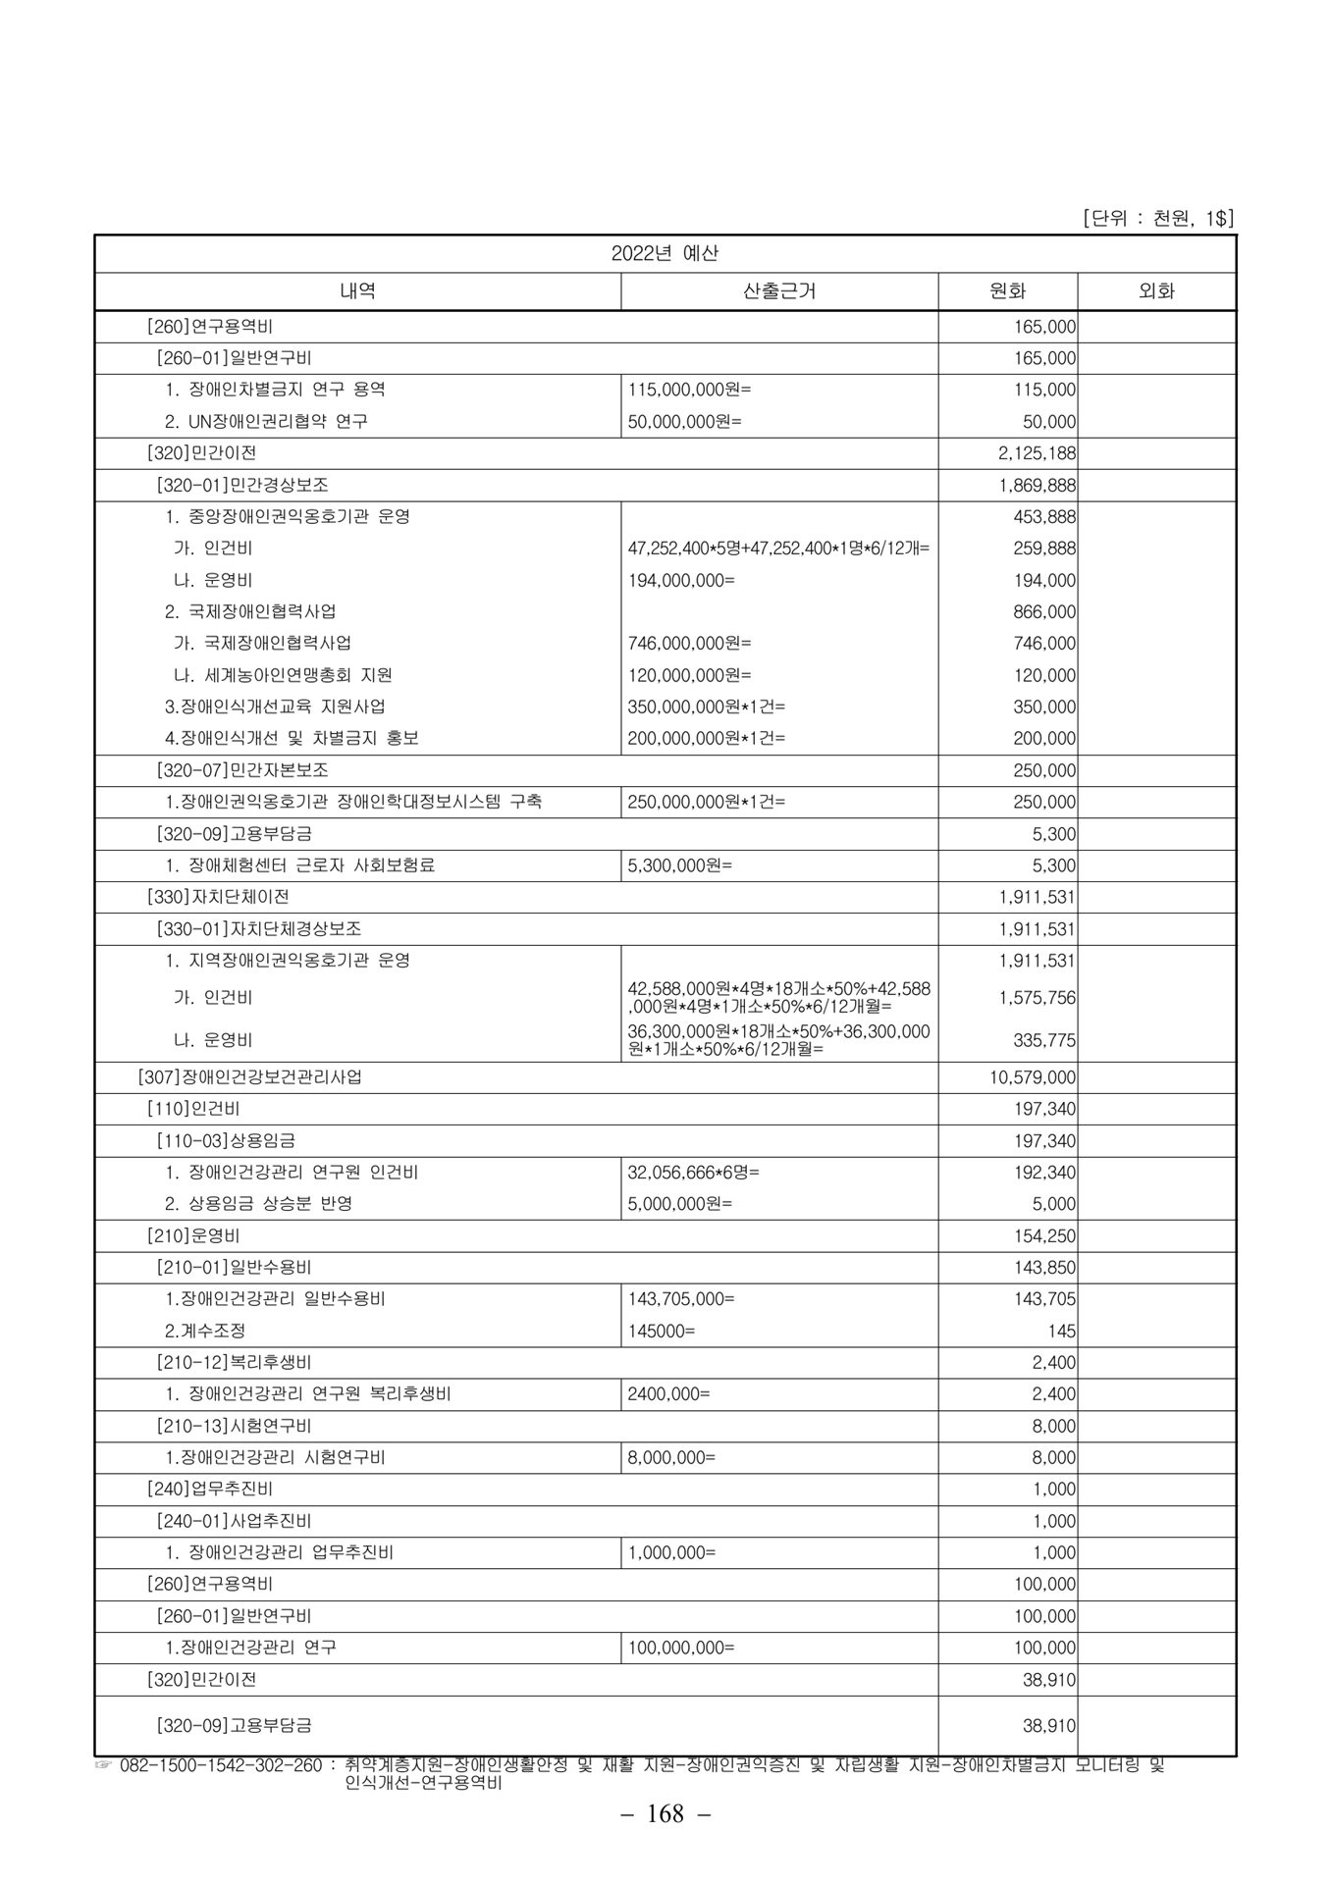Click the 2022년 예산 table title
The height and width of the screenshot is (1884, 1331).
pyautogui.click(x=665, y=253)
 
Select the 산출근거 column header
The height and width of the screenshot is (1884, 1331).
pyautogui.click(x=779, y=290)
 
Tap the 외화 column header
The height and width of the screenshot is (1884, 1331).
pyautogui.click(x=1156, y=290)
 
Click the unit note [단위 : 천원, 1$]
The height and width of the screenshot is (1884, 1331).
pyautogui.click(x=1157, y=218)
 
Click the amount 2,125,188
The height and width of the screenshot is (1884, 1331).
pyautogui.click(x=1044, y=453)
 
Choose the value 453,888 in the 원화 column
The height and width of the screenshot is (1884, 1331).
pyautogui.click(x=1044, y=516)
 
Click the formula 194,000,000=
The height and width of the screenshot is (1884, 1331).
pyautogui.click(x=681, y=580)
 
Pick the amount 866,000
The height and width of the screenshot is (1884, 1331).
pyautogui.click(x=1044, y=611)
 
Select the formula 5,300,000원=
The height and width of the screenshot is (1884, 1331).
pyautogui.click(x=679, y=865)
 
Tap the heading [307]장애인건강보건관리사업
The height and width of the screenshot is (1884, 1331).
pyautogui.click(x=249, y=1077)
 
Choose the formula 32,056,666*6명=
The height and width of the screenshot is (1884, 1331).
pyautogui.click(x=693, y=1173)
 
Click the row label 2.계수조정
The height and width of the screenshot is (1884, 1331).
pyautogui.click(x=205, y=1331)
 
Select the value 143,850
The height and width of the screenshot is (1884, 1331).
pyautogui.click(x=1044, y=1268)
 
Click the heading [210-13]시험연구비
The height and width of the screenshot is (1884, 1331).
pyautogui.click(x=234, y=1426)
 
